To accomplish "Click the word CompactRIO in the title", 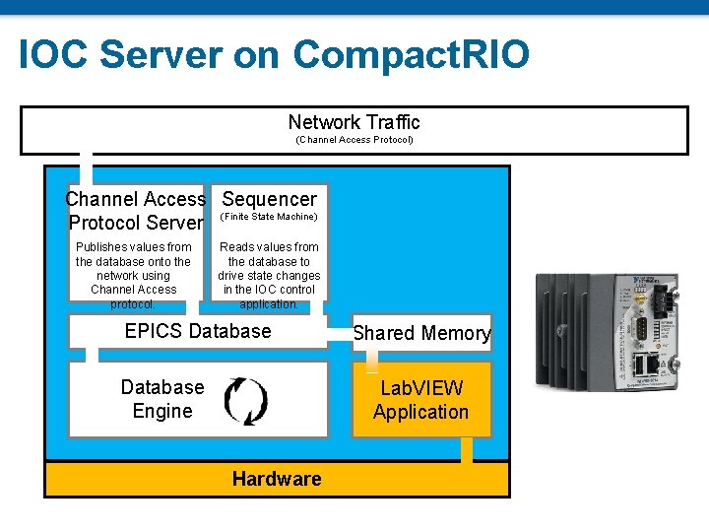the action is tap(411, 55).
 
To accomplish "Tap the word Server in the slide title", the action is tap(161, 54).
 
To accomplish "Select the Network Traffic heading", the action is tap(354, 122).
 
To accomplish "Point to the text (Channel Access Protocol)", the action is tap(354, 140).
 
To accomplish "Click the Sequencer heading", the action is tap(270, 199).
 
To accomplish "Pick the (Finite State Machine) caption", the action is tap(269, 217).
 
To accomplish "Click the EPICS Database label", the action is tap(198, 331).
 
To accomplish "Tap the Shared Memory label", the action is tap(421, 333).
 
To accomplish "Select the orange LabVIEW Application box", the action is tap(421, 399).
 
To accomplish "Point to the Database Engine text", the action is tap(162, 399).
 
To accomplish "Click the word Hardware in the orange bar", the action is tap(277, 479).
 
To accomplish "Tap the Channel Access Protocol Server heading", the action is tap(136, 211).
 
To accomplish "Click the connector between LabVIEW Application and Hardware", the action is tap(467, 450).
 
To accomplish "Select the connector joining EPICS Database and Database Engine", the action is tap(92, 355).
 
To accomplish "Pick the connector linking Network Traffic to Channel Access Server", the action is tap(86, 168).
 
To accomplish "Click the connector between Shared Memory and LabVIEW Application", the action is tap(371, 361).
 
